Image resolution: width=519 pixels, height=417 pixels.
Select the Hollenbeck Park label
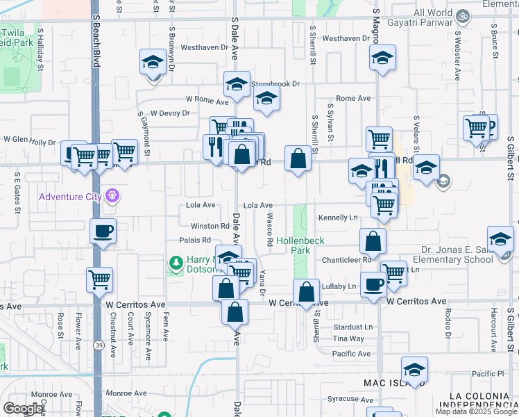[300, 245]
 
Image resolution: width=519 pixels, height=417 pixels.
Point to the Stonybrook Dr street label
[275, 84]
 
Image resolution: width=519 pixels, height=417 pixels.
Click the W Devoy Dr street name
[170, 113]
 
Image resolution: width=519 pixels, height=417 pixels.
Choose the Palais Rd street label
[196, 240]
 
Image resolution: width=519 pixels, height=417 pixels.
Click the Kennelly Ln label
[338, 218]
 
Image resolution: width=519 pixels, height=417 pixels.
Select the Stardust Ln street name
[352, 326]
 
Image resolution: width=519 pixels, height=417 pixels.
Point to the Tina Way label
[348, 338]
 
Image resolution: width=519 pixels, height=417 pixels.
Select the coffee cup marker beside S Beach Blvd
[103, 231]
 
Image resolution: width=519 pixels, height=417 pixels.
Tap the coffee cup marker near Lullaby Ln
[374, 284]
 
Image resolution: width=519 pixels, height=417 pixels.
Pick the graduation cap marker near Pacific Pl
[414, 370]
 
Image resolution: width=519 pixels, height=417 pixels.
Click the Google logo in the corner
[24, 409]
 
